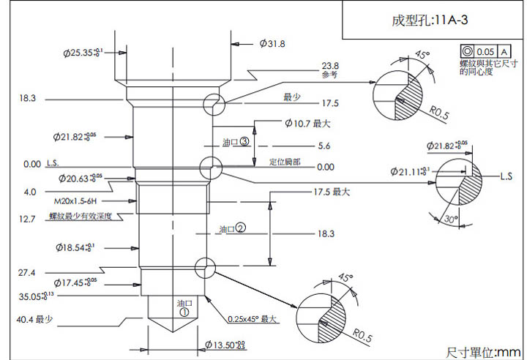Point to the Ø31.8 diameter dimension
tap(272, 44)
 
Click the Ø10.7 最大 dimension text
tap(303, 124)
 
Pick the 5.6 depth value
tap(324, 146)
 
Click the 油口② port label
tap(232, 229)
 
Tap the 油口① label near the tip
tap(184, 306)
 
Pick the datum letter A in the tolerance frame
tap(504, 52)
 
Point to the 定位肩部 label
tap(285, 162)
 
